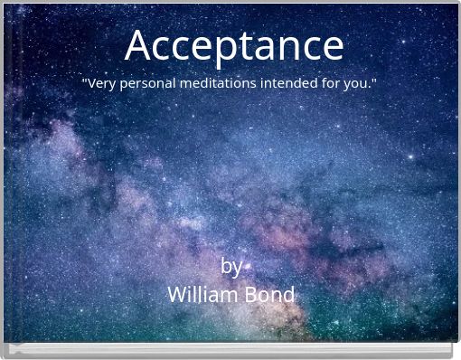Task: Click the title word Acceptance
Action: [234, 45]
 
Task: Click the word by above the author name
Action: [231, 266]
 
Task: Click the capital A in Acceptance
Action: [138, 44]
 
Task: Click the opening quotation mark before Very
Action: [84, 81]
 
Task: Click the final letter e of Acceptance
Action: [332, 47]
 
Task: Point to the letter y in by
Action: [238, 268]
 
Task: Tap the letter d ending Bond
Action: [288, 295]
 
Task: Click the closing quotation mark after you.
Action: [374, 81]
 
